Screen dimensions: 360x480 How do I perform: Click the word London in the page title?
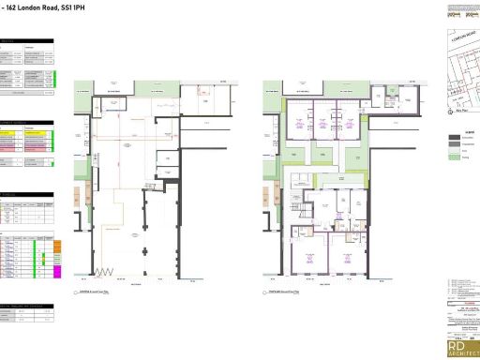pos(29,7)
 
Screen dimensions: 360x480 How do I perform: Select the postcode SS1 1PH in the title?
pos(72,7)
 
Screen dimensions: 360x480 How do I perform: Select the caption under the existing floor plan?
pos(94,292)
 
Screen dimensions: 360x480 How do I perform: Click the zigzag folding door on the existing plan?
pos(102,273)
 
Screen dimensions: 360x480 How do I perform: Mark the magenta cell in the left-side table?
pos(57,271)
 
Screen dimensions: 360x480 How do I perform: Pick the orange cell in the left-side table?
pos(57,246)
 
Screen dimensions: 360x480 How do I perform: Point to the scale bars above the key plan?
pos(462,12)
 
